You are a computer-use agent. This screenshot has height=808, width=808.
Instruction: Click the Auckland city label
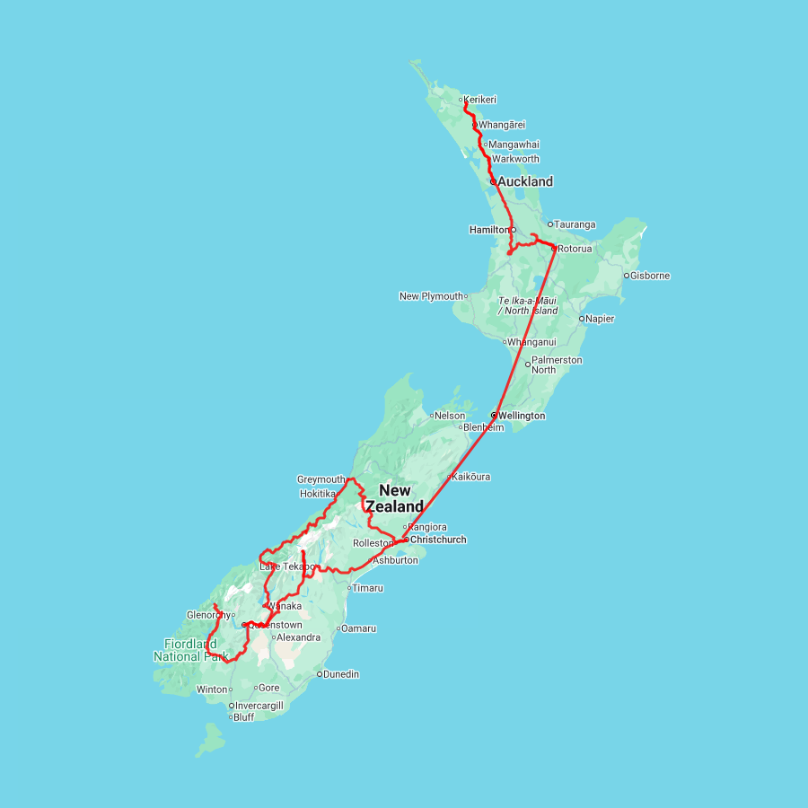[525, 181]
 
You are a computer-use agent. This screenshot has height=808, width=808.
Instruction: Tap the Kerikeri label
[480, 100]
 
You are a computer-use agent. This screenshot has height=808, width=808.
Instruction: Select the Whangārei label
[502, 125]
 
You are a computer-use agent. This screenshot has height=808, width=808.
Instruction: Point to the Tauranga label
[575, 224]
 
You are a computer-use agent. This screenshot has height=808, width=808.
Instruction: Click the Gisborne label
[651, 276]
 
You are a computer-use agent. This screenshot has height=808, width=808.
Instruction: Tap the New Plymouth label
[431, 296]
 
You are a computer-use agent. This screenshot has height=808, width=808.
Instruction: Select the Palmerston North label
[557, 364]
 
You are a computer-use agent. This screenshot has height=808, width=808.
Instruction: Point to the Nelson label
[451, 416]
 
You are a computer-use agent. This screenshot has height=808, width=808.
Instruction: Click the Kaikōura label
[471, 477]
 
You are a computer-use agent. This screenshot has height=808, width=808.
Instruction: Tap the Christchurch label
[438, 540]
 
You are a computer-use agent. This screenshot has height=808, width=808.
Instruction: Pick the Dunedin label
[341, 674]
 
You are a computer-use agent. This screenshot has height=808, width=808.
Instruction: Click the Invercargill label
[259, 706]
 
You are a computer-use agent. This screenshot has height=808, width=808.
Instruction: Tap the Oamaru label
[359, 628]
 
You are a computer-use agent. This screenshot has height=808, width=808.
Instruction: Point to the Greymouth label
[321, 479]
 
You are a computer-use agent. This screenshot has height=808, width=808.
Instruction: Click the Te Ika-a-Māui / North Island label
[528, 305]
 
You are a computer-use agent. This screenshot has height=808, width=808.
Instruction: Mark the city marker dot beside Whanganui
[505, 342]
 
